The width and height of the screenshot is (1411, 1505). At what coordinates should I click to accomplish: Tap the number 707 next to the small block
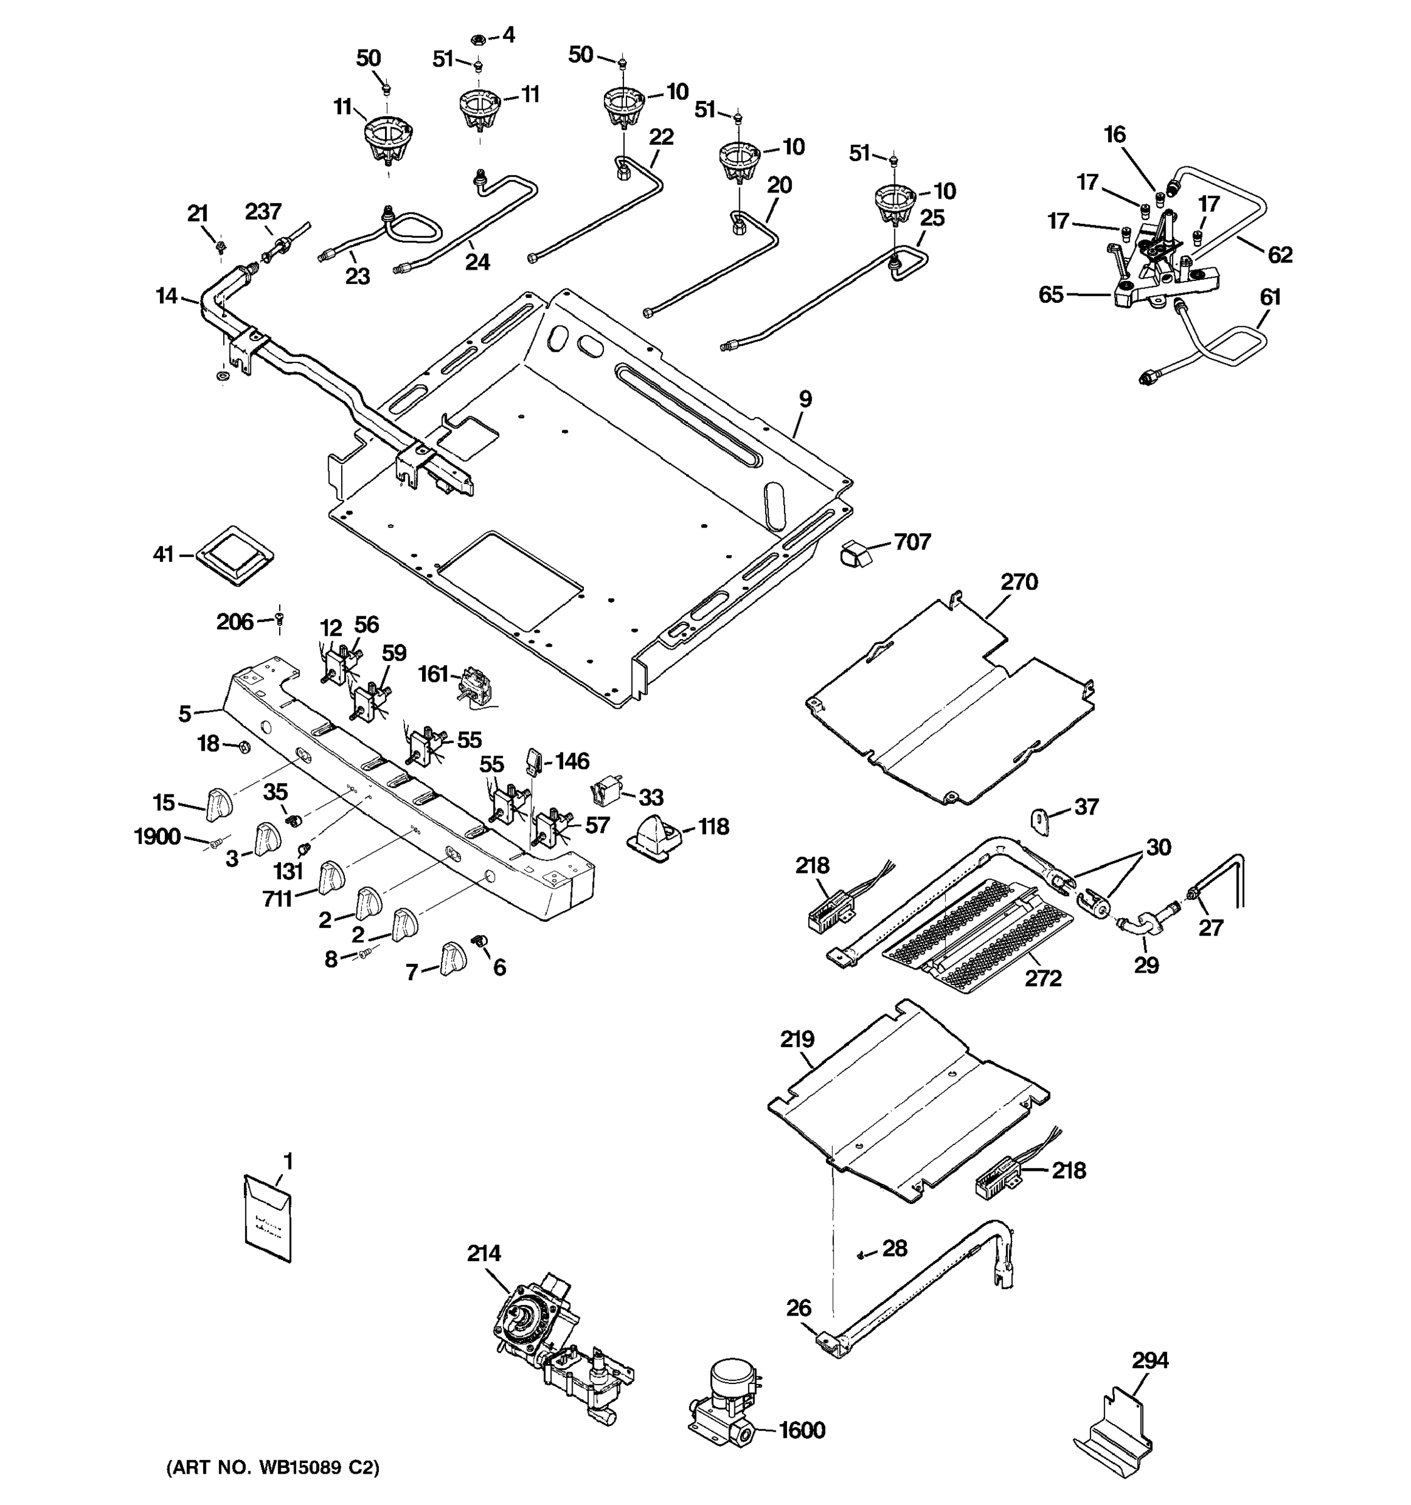tap(912, 541)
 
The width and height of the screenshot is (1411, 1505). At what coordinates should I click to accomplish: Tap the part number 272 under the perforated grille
tap(1043, 978)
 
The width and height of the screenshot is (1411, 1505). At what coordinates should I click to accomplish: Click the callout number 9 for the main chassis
tap(805, 398)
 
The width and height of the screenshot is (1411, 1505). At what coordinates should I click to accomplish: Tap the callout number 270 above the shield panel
tap(1019, 581)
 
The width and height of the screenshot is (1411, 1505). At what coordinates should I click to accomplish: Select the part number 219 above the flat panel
tap(797, 1040)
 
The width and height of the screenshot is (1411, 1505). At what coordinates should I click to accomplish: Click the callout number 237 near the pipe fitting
tap(263, 212)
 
